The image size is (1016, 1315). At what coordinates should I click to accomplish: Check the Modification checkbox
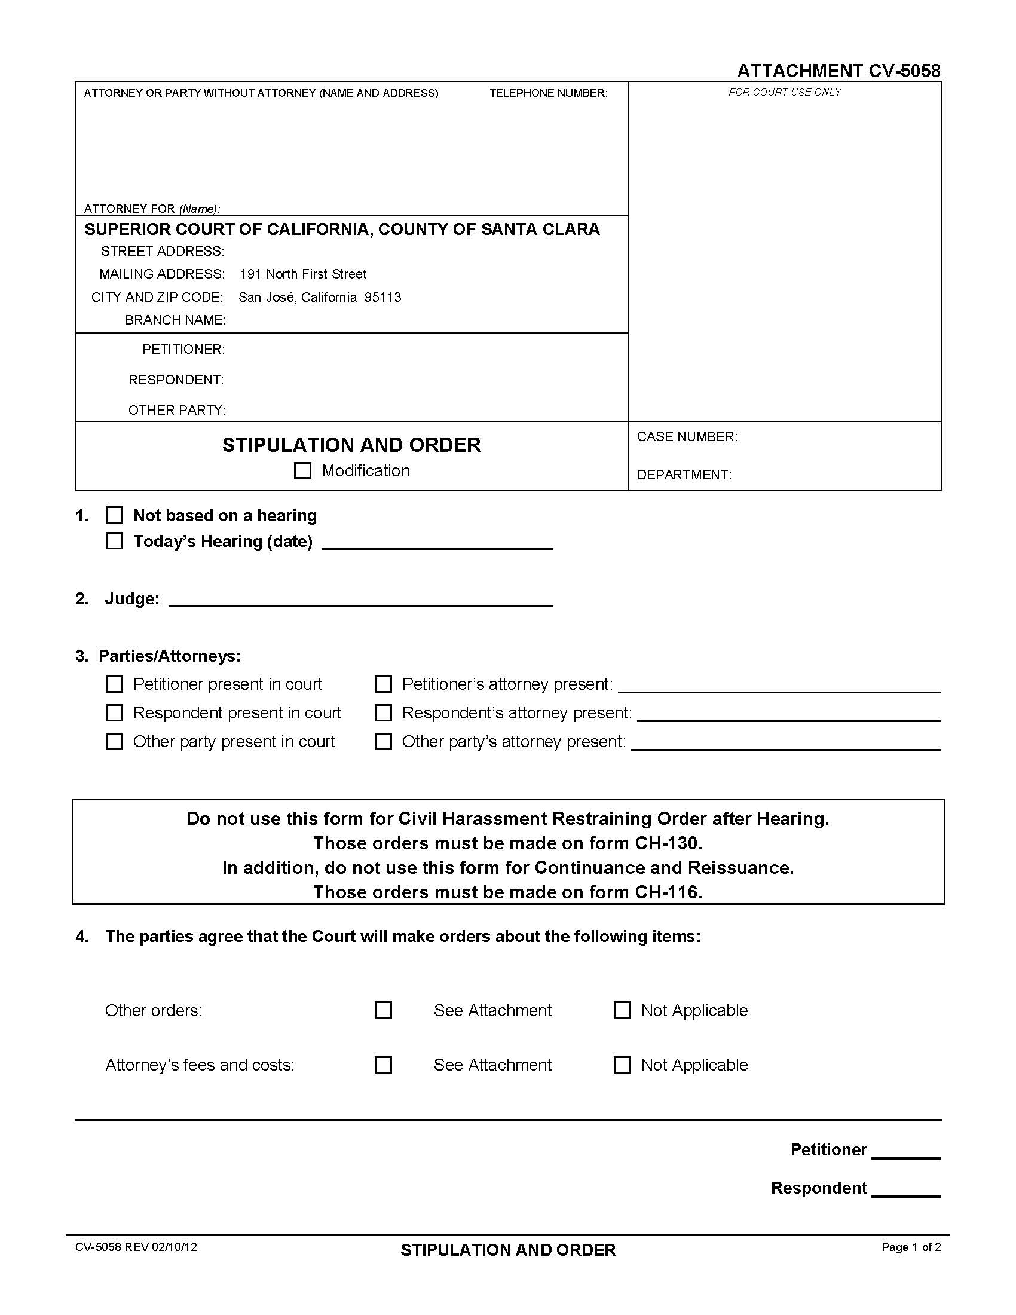(x=302, y=470)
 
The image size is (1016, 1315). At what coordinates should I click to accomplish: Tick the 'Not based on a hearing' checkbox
(x=114, y=515)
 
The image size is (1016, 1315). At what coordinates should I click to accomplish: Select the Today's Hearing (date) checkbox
(x=114, y=541)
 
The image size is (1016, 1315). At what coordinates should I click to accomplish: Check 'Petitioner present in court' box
(x=114, y=684)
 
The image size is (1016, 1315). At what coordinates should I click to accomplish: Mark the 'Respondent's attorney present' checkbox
(x=384, y=713)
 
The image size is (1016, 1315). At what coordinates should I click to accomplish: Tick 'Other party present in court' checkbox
(x=114, y=741)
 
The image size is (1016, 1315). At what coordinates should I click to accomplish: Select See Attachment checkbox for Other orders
(x=384, y=1010)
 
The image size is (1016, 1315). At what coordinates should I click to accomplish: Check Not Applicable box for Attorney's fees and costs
(x=622, y=1065)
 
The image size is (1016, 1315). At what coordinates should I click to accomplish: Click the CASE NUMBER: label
(x=687, y=436)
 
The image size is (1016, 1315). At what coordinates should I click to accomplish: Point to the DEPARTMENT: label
(x=684, y=475)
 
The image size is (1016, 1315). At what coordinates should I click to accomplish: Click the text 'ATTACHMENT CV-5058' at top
(x=838, y=71)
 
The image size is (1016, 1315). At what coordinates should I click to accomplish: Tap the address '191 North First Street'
(x=303, y=274)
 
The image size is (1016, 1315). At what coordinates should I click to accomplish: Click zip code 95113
(x=383, y=298)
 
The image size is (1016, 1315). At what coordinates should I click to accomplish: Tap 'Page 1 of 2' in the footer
(x=911, y=1247)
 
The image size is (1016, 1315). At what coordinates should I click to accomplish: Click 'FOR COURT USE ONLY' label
(x=784, y=92)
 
